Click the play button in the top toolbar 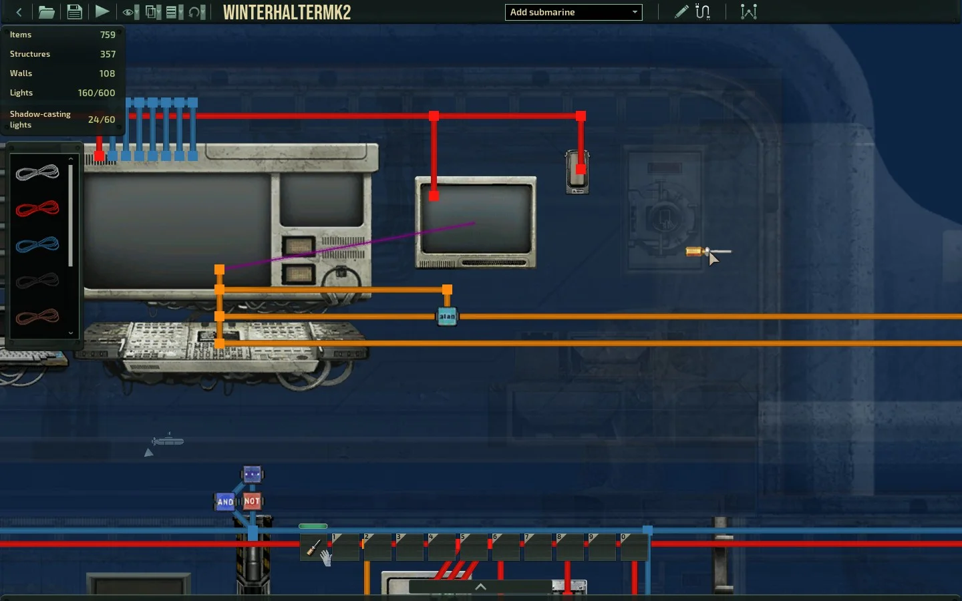coord(102,11)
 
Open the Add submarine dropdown coord(573,12)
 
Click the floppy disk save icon coord(74,11)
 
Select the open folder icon coord(46,11)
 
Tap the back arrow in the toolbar coord(19,11)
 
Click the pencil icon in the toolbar coord(681,11)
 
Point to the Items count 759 coord(108,35)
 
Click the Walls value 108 coord(107,73)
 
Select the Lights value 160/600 coord(96,93)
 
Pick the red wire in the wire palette coord(37,209)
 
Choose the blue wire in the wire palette coord(37,245)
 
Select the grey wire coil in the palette coord(37,173)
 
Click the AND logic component coord(225,502)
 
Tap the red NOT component coord(252,501)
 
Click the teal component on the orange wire coord(447,317)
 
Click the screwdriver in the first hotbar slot coord(313,548)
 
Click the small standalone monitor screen coord(476,220)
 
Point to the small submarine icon coord(168,441)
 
